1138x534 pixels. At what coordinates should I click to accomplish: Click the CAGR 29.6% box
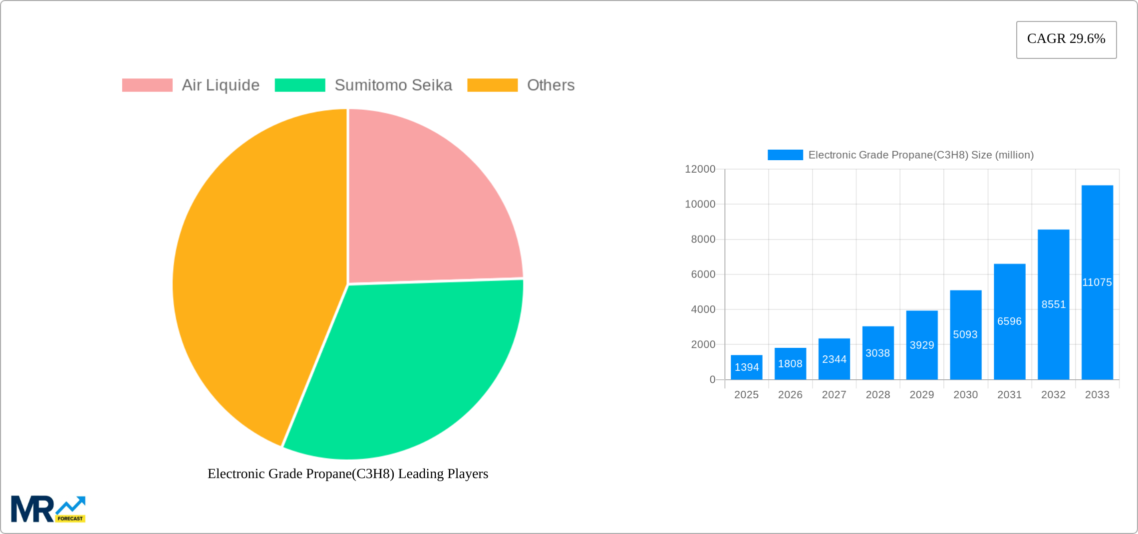(1066, 39)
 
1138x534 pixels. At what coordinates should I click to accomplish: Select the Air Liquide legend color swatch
(147, 85)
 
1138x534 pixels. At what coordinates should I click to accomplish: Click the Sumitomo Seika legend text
(393, 85)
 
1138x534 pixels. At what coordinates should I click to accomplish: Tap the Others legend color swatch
(492, 85)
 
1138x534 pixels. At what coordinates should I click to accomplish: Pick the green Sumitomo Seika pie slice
(409, 364)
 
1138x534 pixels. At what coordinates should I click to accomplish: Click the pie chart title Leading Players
(347, 474)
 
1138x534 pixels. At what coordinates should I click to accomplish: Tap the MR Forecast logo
(48, 509)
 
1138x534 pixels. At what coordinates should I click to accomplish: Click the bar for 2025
(746, 367)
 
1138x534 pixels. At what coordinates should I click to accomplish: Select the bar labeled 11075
(1097, 282)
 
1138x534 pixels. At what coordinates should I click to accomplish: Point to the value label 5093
(965, 335)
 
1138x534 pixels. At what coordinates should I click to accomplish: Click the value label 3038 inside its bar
(877, 353)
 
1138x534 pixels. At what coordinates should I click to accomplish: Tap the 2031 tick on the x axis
(1009, 395)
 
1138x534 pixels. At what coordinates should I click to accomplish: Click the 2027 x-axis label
(834, 395)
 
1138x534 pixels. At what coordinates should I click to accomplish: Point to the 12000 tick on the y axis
(700, 169)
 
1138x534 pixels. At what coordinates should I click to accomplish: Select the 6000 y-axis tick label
(703, 274)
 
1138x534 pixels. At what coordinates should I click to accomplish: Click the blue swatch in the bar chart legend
(785, 155)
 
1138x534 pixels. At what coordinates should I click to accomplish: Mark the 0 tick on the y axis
(712, 380)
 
